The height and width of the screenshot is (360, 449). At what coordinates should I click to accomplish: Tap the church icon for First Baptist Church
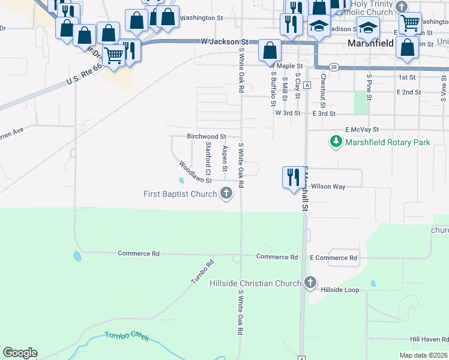pos(226,193)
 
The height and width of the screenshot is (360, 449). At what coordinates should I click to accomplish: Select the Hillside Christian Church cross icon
pos(310,283)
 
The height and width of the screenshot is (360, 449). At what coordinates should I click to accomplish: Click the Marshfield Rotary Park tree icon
pos(336,142)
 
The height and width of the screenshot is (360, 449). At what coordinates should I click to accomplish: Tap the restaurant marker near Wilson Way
pos(293,178)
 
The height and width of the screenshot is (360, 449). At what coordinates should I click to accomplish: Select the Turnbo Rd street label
pos(202,273)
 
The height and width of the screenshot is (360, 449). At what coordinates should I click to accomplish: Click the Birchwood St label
pos(206,137)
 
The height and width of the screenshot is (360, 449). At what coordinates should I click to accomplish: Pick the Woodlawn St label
pos(196,172)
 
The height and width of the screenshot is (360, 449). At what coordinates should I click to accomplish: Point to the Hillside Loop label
pos(340,290)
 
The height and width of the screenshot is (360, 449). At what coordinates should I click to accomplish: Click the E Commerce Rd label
pos(333,258)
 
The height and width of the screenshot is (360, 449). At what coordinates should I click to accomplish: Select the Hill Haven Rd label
pos(430,340)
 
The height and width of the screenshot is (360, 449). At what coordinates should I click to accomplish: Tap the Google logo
pos(20,353)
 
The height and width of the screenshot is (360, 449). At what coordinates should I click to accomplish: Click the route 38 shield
pos(333,67)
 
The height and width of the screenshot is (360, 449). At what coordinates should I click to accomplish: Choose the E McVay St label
pos(362,129)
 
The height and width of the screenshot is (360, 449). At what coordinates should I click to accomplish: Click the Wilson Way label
pos(328,187)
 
